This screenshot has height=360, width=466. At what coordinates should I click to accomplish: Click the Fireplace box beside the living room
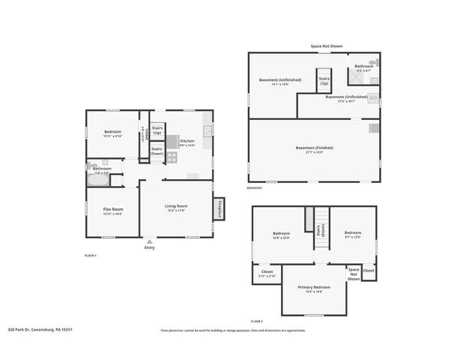click(220, 209)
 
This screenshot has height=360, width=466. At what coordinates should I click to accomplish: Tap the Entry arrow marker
click(149, 241)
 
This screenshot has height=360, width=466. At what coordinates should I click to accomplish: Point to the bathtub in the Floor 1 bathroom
click(98, 178)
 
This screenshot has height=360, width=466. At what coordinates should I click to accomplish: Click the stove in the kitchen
click(171, 157)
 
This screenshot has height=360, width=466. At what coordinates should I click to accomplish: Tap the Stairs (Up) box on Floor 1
click(157, 130)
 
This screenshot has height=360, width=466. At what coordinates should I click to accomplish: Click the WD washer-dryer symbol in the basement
click(373, 97)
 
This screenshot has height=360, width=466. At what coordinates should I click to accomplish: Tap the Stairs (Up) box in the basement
click(324, 80)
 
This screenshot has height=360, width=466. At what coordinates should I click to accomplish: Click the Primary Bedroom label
click(314, 287)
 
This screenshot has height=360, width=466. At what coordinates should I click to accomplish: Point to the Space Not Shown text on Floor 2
click(354, 273)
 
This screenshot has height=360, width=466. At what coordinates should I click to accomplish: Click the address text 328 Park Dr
click(40, 328)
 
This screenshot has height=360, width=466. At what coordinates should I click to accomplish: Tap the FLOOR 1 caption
click(91, 256)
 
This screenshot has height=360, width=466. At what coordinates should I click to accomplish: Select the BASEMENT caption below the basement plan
click(255, 188)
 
